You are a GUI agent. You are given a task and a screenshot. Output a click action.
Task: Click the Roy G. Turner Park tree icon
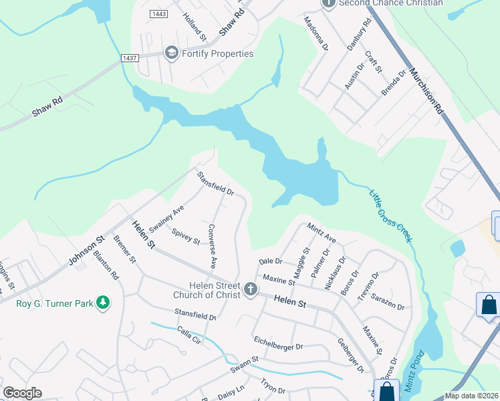102,303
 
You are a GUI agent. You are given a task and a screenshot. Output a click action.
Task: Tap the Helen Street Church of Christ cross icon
250,289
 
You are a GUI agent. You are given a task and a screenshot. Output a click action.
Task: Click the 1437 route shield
130,59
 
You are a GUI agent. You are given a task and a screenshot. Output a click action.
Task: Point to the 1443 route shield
158,14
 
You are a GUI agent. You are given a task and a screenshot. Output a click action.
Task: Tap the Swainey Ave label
166,217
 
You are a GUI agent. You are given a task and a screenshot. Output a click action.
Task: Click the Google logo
22,393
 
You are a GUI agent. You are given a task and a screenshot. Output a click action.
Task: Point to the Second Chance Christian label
391,3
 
